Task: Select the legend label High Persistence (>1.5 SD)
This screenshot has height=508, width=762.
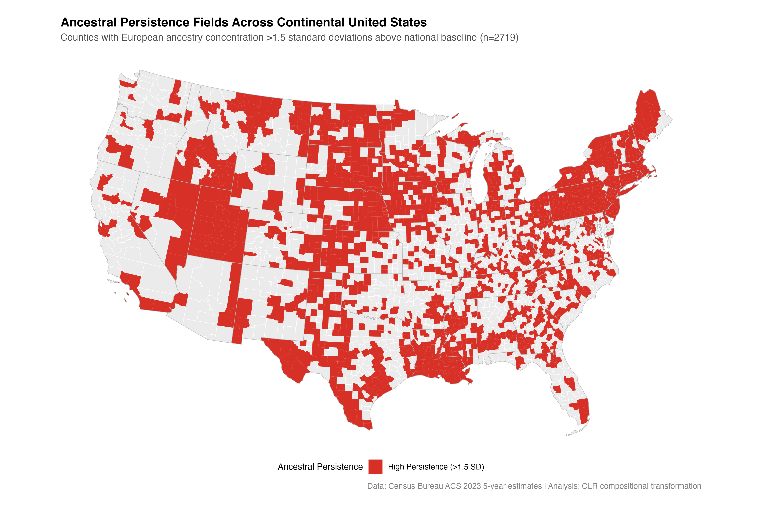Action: point(436,467)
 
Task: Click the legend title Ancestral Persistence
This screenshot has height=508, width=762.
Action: point(320,467)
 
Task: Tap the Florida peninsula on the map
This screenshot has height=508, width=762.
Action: point(573,395)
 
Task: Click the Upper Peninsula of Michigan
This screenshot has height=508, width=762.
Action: point(460,136)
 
